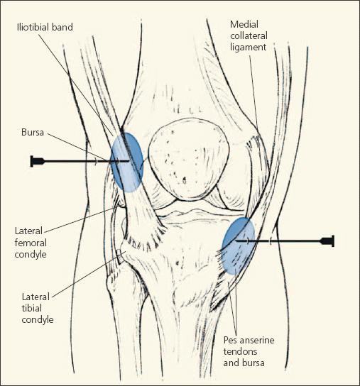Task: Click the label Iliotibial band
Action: click(45, 27)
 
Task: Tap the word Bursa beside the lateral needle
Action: click(33, 132)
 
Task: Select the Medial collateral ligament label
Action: click(249, 35)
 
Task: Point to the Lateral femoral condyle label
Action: click(31, 243)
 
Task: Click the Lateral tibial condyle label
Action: click(38, 308)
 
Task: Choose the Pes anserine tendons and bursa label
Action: click(249, 351)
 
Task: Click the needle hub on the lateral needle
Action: click(37, 161)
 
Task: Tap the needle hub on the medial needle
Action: click(327, 241)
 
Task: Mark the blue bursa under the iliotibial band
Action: click(127, 162)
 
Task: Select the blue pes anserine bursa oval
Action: click(239, 246)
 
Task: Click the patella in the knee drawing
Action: click(190, 159)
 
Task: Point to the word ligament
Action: click(249, 47)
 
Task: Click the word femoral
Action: click(31, 243)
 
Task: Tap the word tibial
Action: click(32, 308)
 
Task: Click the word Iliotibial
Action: click(33, 27)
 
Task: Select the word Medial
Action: click(244, 24)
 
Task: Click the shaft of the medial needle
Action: click(278, 241)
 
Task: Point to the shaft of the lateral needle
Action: click(87, 161)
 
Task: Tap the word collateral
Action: click(249, 36)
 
